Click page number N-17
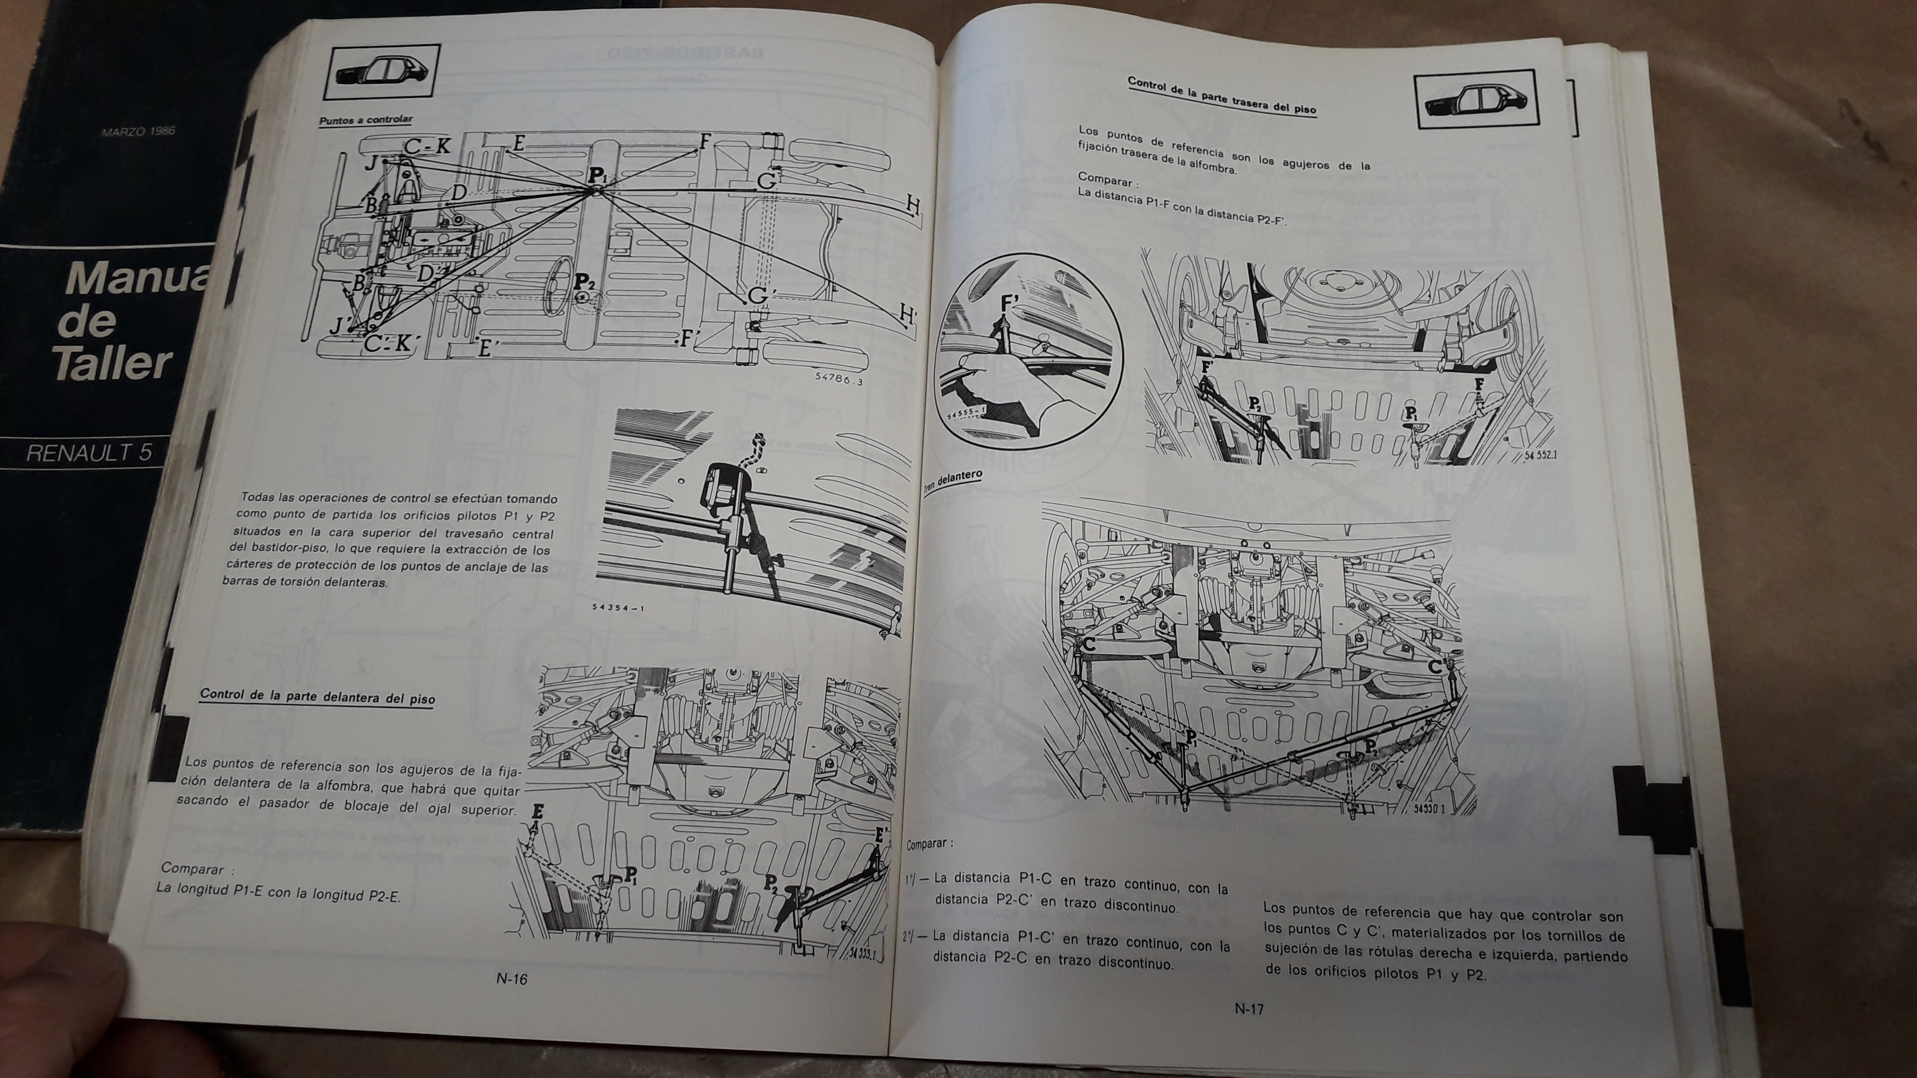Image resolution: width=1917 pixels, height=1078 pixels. [1249, 1009]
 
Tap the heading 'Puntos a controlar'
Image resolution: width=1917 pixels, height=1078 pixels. [365, 120]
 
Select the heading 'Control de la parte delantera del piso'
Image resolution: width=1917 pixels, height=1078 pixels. [317, 696]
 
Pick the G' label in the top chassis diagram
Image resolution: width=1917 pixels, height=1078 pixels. [758, 295]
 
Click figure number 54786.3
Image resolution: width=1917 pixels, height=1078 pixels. [839, 378]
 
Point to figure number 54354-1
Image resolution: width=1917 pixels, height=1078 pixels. [618, 608]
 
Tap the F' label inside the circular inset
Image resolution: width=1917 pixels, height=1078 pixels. [1010, 304]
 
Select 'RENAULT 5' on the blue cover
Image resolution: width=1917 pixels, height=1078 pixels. [89, 452]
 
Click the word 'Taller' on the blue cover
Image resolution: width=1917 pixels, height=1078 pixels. [114, 364]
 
